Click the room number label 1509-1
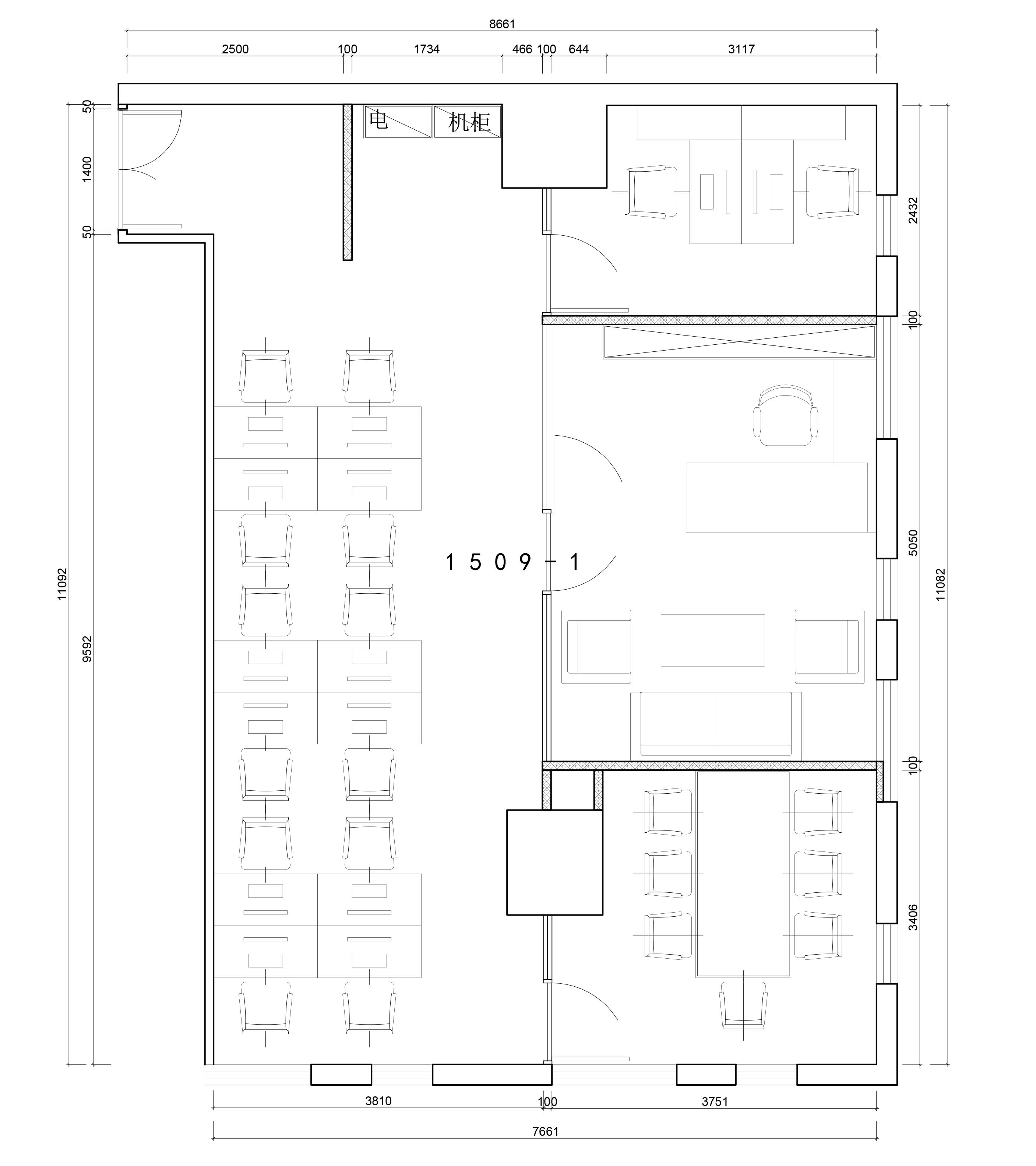pyautogui.click(x=512, y=562)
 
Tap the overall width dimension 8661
pyautogui.click(x=502, y=24)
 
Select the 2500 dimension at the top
pyautogui.click(x=236, y=49)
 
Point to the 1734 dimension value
pyautogui.click(x=426, y=49)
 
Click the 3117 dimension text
pyautogui.click(x=741, y=49)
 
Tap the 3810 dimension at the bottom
pyautogui.click(x=378, y=1101)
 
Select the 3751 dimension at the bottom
pyautogui.click(x=715, y=1102)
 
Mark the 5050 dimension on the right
pyautogui.click(x=913, y=543)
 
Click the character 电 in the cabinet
pyautogui.click(x=378, y=120)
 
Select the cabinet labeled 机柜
pyautogui.click(x=468, y=122)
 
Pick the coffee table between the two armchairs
pyautogui.click(x=713, y=640)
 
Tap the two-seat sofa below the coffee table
pyautogui.click(x=716, y=726)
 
